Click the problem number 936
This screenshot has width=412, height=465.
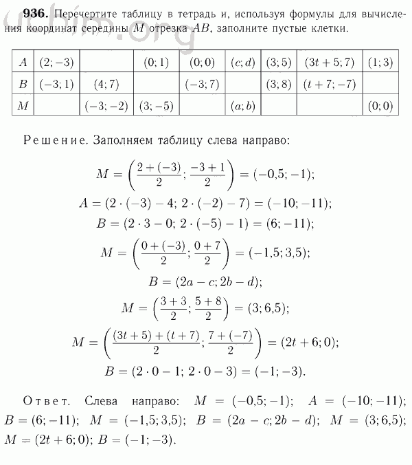coord(25,14)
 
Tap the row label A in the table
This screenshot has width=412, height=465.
coord(23,63)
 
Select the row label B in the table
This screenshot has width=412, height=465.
coord(23,85)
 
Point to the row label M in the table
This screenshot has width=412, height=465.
coord(23,107)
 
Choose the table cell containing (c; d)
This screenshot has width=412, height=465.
coord(243,63)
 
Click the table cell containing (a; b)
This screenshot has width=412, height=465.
coord(243,107)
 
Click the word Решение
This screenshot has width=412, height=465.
coord(51,140)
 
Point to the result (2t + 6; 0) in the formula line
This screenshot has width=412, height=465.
coord(308,343)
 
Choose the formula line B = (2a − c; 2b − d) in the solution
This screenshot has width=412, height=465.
coord(205,281)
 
